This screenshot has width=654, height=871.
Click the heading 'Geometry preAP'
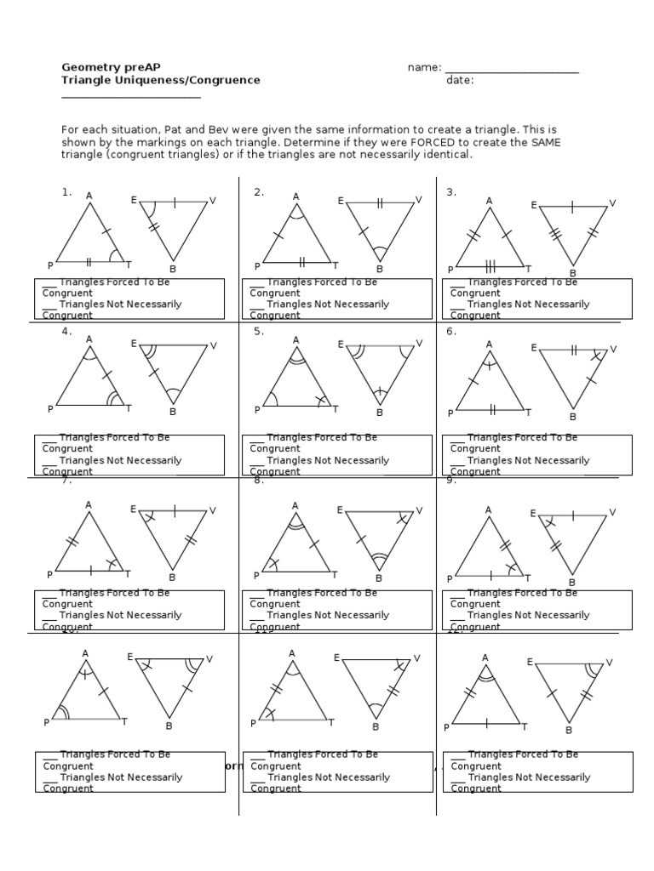[x=111, y=67]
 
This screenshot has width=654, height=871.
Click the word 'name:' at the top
[x=424, y=67]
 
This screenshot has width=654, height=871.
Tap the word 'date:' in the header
[x=460, y=81]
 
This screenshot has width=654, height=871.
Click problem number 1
[x=66, y=192]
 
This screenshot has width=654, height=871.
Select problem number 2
[x=259, y=192]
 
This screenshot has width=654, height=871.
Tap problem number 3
[x=451, y=192]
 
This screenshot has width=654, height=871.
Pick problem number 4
[x=66, y=332]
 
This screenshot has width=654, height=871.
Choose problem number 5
[x=259, y=332]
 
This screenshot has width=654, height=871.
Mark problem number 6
[x=451, y=332]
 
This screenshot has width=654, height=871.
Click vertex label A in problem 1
[x=89, y=196]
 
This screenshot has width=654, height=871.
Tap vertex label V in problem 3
[x=612, y=203]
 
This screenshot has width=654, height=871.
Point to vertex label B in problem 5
[x=380, y=413]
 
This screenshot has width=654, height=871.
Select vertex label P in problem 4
[x=50, y=409]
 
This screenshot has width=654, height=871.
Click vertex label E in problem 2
[x=341, y=201]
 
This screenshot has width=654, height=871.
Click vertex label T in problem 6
[x=528, y=413]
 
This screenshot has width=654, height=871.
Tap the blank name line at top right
[x=512, y=70]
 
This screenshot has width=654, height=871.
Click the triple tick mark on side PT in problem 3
[x=490, y=266]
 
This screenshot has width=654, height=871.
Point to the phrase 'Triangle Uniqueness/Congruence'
[x=161, y=81]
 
